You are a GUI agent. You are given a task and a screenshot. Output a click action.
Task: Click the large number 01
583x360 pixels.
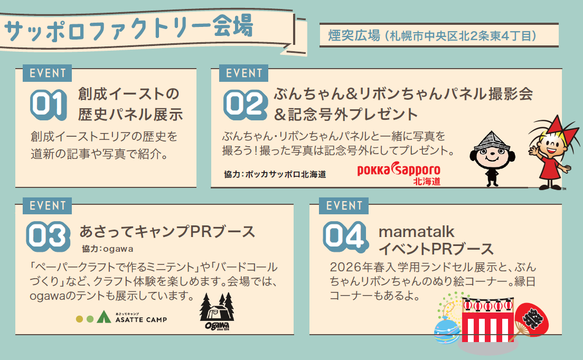(49, 105)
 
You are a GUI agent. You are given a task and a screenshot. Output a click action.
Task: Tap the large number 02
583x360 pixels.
(246, 105)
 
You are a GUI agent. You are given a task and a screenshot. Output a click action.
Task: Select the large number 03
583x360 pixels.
(49, 236)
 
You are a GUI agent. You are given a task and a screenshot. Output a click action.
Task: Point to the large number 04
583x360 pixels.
(345, 236)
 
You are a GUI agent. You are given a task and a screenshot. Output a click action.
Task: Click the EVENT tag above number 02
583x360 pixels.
(244, 73)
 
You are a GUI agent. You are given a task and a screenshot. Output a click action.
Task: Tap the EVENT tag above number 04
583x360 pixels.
(344, 205)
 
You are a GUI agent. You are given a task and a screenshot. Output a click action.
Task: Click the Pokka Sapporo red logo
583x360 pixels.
(399, 173)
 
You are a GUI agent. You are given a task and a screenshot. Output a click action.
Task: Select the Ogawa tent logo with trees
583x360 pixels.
(217, 312)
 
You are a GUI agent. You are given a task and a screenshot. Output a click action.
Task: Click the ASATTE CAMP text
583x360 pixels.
(142, 319)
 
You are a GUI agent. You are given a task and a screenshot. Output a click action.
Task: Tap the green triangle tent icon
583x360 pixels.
(104, 317)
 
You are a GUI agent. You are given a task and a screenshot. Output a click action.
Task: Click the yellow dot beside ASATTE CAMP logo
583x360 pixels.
(79, 319)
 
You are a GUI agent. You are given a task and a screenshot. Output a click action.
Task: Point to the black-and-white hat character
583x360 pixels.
(492, 158)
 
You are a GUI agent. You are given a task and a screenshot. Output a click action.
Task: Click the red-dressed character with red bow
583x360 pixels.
(552, 153)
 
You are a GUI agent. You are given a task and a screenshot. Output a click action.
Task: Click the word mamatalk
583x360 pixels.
(417, 232)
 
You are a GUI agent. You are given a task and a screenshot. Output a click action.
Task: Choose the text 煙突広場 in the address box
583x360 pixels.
(354, 36)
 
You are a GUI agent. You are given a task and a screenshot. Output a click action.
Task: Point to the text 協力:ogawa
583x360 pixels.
(108, 249)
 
